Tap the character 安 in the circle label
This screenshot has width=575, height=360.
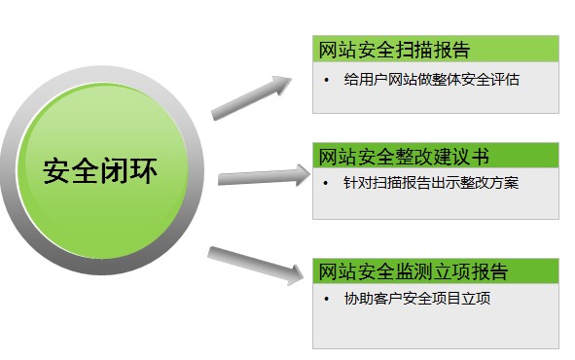tap(57, 170)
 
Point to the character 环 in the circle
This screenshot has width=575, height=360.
tap(143, 170)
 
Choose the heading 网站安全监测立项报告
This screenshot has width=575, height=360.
tap(413, 270)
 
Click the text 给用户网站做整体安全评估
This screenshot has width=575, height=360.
tap(432, 80)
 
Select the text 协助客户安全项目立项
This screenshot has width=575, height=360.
tap(417, 299)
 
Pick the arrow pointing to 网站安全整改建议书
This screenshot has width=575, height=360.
tap(263, 177)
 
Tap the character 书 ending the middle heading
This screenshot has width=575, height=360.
tap(480, 156)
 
